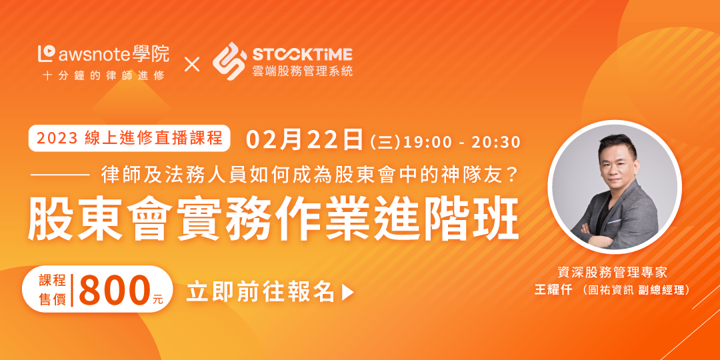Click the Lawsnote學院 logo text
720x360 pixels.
pos(103,55)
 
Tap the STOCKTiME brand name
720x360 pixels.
pos(303,55)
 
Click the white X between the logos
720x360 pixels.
pos(192,64)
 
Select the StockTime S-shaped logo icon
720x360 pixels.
pos(229,61)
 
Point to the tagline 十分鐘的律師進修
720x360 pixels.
pos(103,76)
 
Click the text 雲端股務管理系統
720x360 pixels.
pos(303,71)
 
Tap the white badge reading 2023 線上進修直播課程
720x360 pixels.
pos(129,138)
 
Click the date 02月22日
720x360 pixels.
pos(305,140)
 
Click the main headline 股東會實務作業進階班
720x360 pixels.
pos(274,222)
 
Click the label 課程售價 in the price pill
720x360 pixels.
pos(53,290)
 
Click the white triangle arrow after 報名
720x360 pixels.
pos(348,293)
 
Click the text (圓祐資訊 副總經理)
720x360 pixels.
pos(635,291)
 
